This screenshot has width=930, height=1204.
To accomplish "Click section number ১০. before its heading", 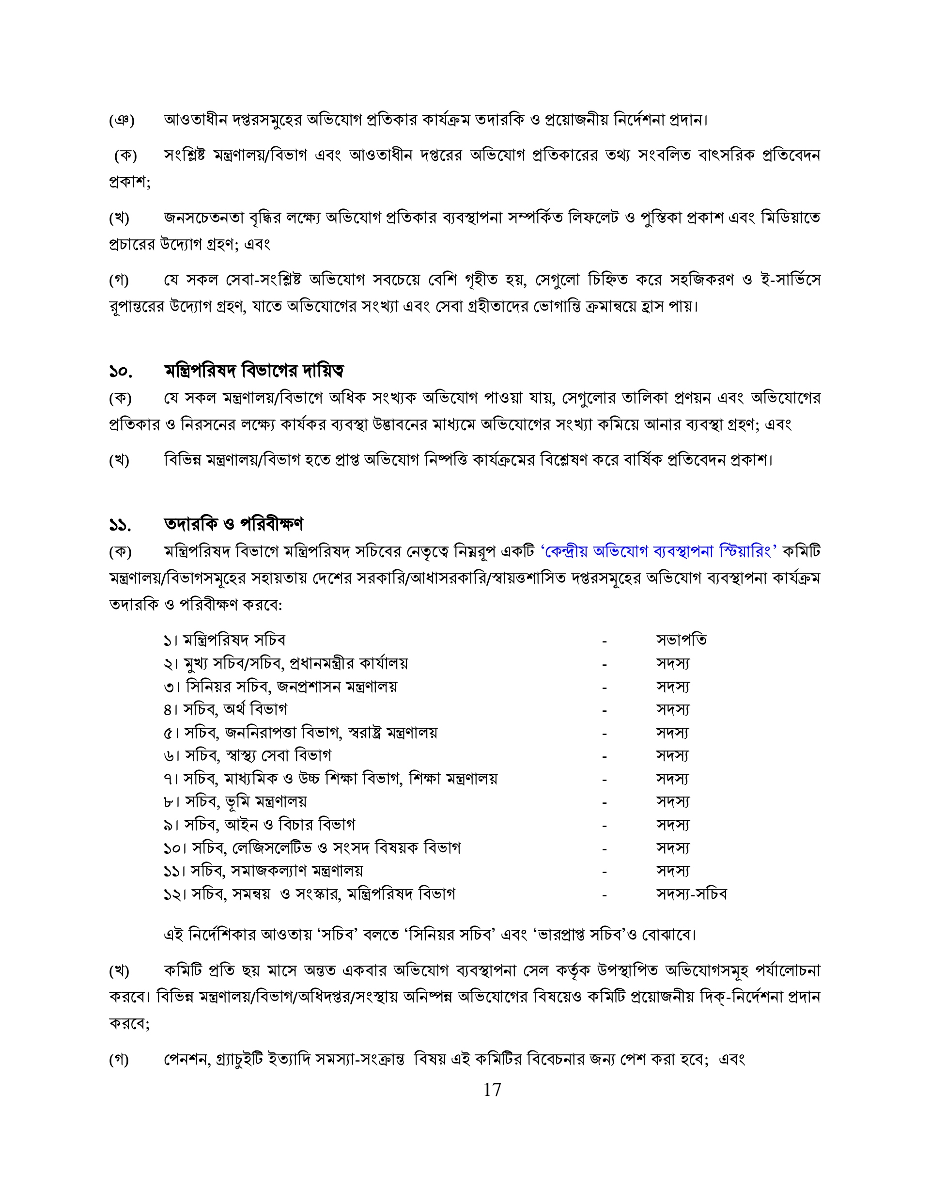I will [121, 372].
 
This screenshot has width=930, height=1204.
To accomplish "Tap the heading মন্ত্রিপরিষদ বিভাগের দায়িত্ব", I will [254, 371].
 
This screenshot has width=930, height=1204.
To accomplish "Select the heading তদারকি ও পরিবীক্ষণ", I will [234, 524].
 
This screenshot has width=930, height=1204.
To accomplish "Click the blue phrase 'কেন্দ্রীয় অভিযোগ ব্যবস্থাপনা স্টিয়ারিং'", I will [659, 551].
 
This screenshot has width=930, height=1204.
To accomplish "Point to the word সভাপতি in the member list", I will [682, 640].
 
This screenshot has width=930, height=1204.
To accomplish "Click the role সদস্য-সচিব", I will [691, 893].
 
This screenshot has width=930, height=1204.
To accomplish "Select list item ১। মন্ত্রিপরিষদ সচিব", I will [224, 640].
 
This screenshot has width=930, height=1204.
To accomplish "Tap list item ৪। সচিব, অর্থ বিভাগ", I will [225, 709].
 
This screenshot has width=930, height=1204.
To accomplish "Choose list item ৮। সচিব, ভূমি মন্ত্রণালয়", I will [235, 801].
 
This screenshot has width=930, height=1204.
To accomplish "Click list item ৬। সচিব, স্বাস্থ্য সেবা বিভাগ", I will [247, 755].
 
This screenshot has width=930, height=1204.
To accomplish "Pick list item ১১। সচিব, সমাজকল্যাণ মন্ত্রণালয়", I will [263, 871].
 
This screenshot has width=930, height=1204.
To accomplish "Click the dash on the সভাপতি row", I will [605, 641].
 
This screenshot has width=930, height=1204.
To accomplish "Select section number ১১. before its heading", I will [120, 525].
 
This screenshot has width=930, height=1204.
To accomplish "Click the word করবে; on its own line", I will [129, 1023].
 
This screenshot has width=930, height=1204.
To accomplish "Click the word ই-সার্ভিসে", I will [790, 280].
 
